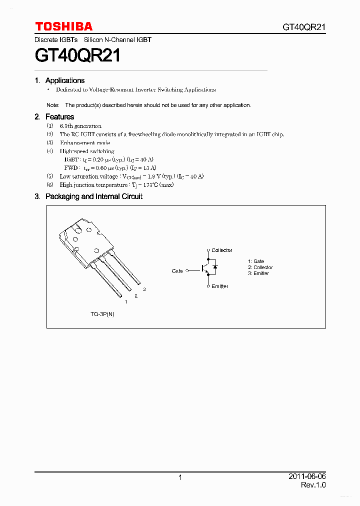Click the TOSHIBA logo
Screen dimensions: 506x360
[63, 26]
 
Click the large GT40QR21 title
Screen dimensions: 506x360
[77, 55]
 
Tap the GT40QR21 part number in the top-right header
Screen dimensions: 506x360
[304, 27]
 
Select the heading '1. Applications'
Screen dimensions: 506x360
[60, 80]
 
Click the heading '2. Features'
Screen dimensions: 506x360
[54, 117]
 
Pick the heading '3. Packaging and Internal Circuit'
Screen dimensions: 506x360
[88, 196]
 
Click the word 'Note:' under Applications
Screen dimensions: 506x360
[52, 105]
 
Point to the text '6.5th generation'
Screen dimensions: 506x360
[80, 126]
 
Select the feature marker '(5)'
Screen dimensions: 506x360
[49, 176]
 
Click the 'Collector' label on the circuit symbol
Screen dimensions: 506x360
[221, 250]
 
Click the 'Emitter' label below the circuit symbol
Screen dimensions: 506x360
[219, 286]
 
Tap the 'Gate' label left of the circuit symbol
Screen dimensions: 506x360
[177, 271]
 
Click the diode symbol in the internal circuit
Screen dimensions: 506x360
[214, 268]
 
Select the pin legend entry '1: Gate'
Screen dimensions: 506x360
[256, 261]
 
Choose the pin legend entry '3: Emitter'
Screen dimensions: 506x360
[258, 273]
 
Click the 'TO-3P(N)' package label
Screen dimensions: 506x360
[102, 314]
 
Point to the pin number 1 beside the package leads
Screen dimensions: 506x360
[126, 302]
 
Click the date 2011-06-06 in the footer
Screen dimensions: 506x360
[307, 476]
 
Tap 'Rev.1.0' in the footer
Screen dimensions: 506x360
[313, 485]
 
